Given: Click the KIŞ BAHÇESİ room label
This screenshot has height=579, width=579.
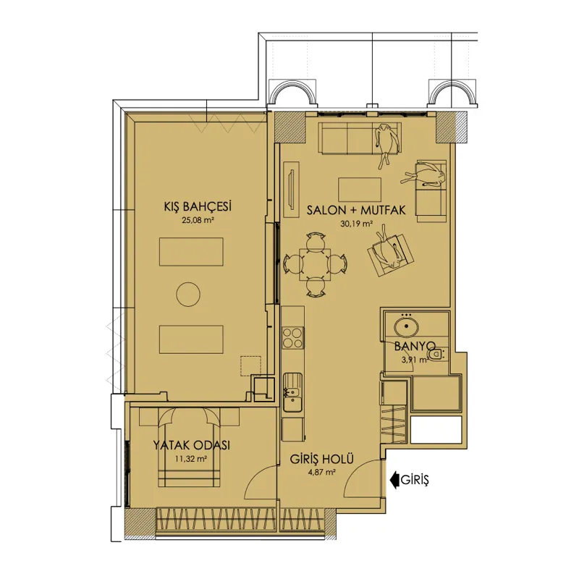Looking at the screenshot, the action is coord(198,207).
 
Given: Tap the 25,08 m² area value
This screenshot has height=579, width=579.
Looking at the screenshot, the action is coord(198,221).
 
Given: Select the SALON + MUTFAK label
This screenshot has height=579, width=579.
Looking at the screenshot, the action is coord(356,210).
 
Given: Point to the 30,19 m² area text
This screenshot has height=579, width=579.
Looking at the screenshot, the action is coord(356,224).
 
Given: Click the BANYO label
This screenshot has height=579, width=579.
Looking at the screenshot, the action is coord(415,347).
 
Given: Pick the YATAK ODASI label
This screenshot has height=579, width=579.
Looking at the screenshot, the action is coord(191,445).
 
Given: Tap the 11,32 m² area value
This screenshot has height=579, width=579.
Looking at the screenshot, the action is coord(190,459).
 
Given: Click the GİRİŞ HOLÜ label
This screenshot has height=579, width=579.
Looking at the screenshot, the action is coord(321,459).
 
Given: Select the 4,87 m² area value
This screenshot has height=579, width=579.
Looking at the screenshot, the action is coord(321,473).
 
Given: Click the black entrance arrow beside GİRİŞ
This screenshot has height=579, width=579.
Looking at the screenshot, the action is coord(394,480).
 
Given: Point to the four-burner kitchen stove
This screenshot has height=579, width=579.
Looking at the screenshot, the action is coord(293,338).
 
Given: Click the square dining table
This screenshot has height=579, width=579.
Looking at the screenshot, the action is coord(315,264).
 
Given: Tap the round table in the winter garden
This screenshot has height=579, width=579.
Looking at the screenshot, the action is coord(188,295).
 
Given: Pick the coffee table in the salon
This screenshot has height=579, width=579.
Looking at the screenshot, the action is coord(360,190).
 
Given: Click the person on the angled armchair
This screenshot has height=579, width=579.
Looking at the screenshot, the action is coord(389,247).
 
